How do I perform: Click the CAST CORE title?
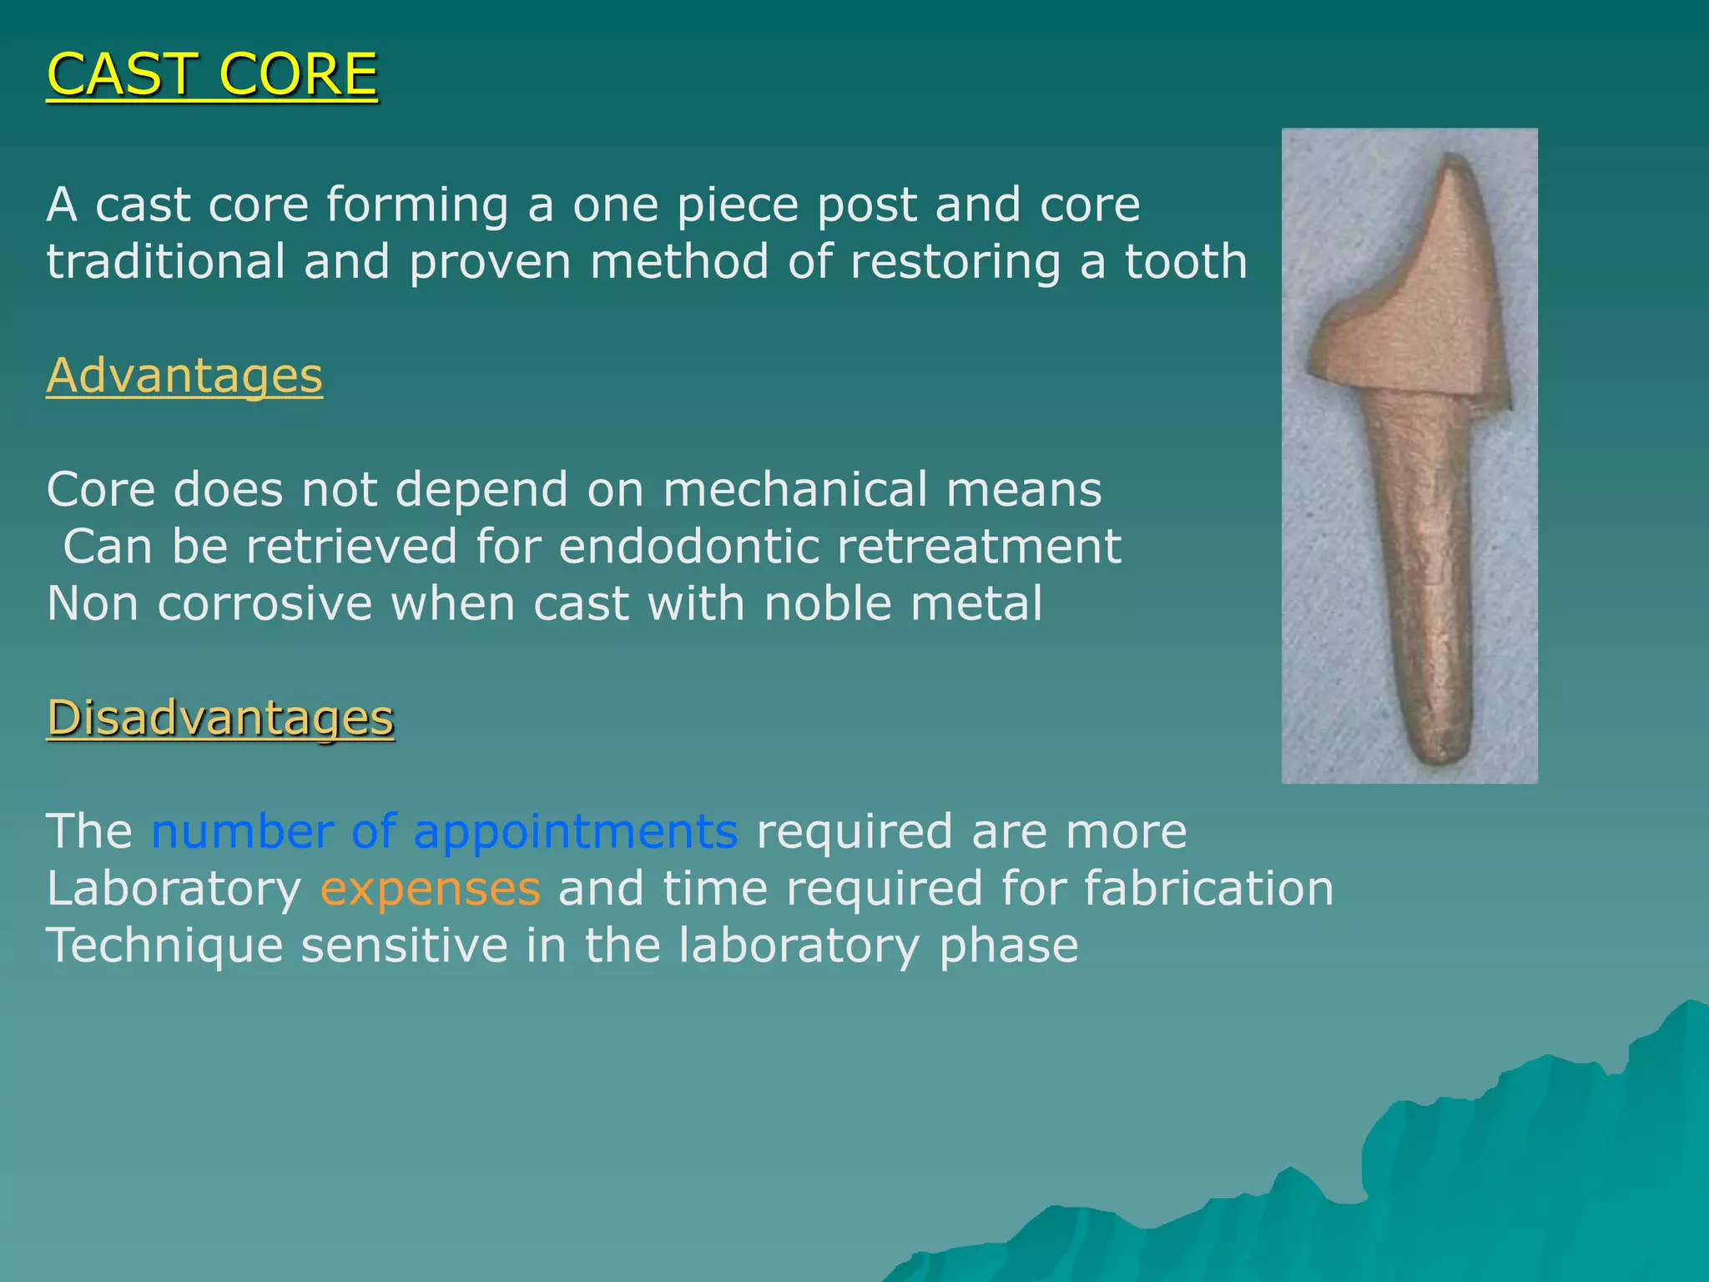[212, 75]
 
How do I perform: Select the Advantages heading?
[184, 376]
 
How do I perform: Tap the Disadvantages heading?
[220, 718]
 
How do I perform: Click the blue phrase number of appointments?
[444, 832]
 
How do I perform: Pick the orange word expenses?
[431, 889]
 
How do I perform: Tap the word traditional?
[166, 262]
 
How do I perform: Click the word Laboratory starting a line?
[174, 889]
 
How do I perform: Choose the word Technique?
[164, 947]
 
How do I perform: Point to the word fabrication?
[1208, 889]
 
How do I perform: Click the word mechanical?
[794, 490]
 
